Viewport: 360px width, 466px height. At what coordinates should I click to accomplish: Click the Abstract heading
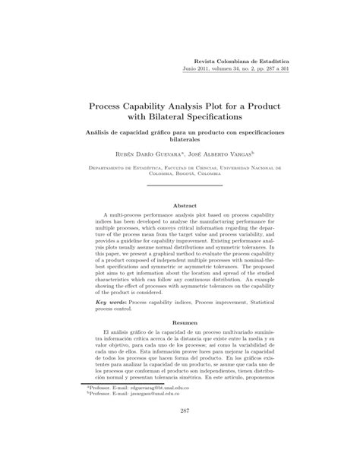click(x=179, y=206)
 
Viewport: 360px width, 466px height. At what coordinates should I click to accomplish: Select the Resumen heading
click(x=179, y=323)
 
